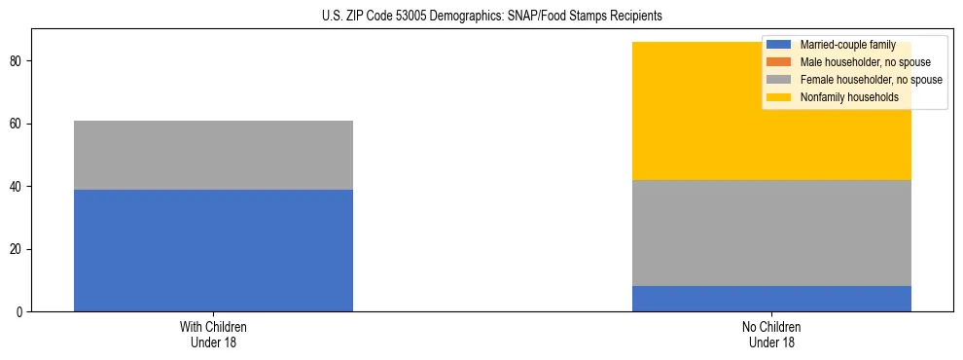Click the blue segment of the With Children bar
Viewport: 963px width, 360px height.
coord(213,250)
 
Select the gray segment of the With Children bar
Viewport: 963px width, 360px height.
coord(213,155)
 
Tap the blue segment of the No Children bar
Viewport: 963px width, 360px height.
coord(771,299)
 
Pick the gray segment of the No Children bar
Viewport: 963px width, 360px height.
coord(771,233)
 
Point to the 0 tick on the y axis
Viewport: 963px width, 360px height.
coord(21,312)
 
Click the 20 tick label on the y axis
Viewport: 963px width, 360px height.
coord(18,249)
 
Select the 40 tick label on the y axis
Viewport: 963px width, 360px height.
coord(18,187)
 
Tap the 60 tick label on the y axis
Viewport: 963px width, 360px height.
coord(18,124)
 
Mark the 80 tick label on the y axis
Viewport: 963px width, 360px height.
coord(18,61)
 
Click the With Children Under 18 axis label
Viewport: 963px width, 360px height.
coord(213,334)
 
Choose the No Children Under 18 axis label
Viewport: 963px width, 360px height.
coord(771,334)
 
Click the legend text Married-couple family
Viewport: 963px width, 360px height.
coord(846,45)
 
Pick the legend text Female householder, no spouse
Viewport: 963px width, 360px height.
coord(871,80)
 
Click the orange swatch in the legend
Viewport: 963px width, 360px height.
coord(778,62)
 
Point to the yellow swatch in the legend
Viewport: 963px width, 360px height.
coord(778,97)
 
